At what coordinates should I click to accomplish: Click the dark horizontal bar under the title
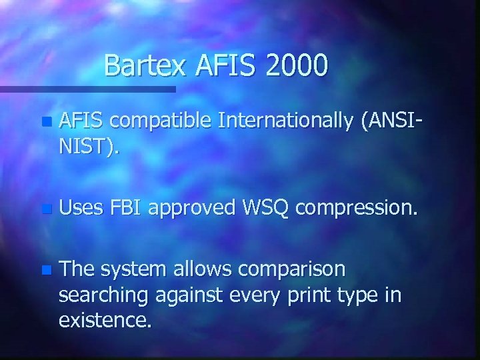coord(87,88)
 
